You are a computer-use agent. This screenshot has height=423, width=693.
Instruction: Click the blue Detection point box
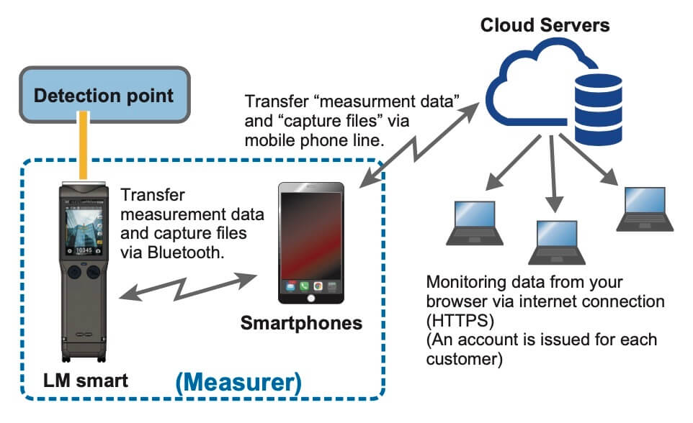coord(104,95)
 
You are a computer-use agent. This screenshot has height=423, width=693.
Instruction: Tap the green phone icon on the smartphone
coord(303,286)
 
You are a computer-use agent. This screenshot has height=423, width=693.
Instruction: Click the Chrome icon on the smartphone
coord(318,286)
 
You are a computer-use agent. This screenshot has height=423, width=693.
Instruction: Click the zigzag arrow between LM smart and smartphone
coord(191,283)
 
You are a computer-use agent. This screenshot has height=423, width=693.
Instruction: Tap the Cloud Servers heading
coord(545,26)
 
